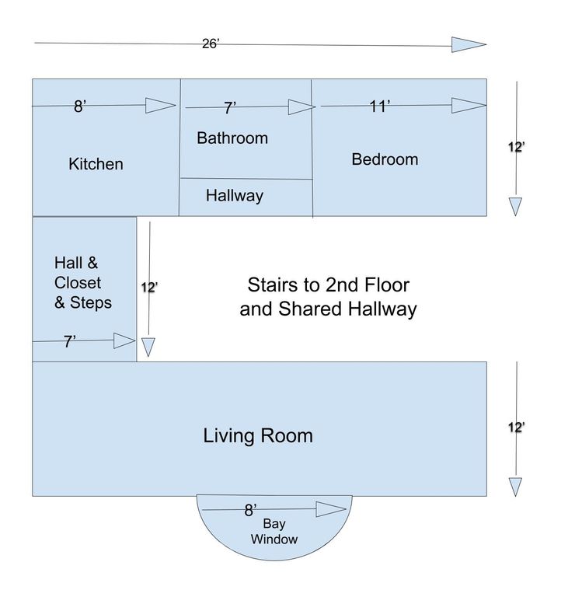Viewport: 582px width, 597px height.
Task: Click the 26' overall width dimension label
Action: pos(211,44)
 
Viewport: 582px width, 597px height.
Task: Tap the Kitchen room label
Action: pos(96,164)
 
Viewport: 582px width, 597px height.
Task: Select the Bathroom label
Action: pos(232,138)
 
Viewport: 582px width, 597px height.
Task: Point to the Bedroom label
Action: pos(385,159)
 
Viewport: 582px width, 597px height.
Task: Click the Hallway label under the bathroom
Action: pos(235,196)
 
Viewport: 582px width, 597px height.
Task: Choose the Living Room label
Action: pos(258,435)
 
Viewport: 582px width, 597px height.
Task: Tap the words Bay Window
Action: pos(274,532)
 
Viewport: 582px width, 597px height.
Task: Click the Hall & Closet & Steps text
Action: pos(83,282)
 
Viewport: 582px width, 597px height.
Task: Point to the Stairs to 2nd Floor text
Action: pos(329,285)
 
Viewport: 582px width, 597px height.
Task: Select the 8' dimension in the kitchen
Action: pos(80,106)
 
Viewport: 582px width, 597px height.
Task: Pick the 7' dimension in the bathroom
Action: pos(230,108)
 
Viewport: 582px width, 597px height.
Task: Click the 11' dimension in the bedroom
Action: pos(380,106)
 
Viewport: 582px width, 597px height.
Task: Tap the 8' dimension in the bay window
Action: pos(250,510)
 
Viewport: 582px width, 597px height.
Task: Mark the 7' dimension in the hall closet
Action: pos(69,341)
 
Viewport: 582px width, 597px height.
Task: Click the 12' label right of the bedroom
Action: pos(517,147)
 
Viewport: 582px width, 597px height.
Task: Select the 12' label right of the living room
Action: pos(517,428)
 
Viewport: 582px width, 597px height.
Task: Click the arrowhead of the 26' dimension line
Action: pos(469,44)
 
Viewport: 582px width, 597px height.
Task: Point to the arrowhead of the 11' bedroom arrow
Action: pos(469,106)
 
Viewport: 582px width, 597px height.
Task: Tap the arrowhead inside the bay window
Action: pos(331,509)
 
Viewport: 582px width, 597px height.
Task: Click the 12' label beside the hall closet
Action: pos(149,288)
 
